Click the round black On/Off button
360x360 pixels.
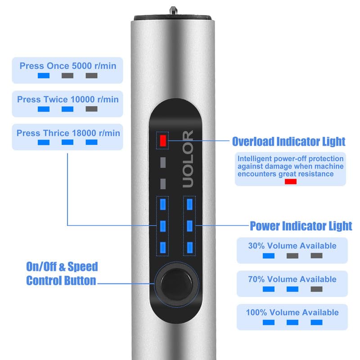pos(177,282)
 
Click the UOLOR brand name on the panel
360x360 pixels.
pos(188,159)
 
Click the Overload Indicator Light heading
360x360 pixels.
pos(288,142)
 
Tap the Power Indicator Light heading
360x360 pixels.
pos(301,225)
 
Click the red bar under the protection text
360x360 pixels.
pos(290,181)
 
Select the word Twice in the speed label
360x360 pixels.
pos(56,99)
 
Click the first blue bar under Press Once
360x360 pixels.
pos(44,76)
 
